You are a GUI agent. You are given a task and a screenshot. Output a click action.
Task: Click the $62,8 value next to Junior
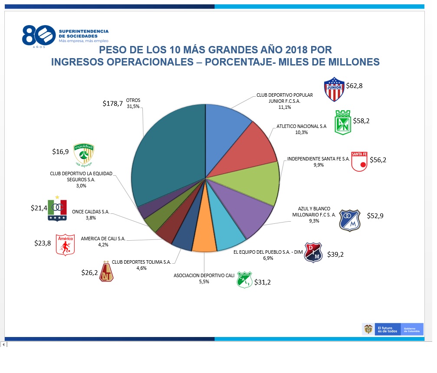pyautogui.click(x=354, y=85)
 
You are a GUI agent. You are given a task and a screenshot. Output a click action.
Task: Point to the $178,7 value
pyautogui.click(x=112, y=103)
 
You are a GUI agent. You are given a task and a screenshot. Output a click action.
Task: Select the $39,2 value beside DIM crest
pyautogui.click(x=335, y=255)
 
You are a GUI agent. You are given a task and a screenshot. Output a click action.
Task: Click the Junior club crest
pyautogui.click(x=334, y=89)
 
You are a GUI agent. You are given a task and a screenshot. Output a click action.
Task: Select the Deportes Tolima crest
pyautogui.click(x=106, y=272)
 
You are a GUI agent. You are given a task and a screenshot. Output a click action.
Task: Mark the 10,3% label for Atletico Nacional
pyautogui.click(x=301, y=133)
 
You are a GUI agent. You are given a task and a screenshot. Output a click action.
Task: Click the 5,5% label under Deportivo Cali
pyautogui.click(x=204, y=281)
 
